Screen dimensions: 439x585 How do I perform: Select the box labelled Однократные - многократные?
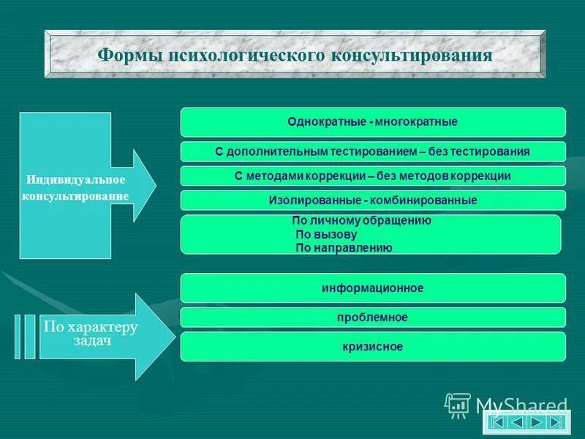tap(373, 122)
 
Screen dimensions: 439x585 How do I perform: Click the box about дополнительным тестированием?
tap(373, 151)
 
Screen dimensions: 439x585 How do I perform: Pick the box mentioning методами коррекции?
tap(373, 176)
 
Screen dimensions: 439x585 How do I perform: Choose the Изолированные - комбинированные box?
tap(373, 200)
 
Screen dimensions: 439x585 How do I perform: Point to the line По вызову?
tap(326, 234)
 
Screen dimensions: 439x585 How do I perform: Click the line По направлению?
tap(344, 248)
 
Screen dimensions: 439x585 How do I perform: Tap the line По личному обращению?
tap(361, 220)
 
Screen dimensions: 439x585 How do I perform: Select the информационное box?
tap(373, 288)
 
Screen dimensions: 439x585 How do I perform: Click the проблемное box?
tap(373, 318)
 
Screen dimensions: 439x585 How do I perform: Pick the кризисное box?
tap(373, 346)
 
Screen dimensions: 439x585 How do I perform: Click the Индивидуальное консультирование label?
tap(77, 188)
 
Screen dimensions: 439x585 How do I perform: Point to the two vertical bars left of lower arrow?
tap(24, 336)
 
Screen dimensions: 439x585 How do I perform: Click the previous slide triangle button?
tap(517, 422)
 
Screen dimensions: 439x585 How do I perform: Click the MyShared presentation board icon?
tap(458, 405)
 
